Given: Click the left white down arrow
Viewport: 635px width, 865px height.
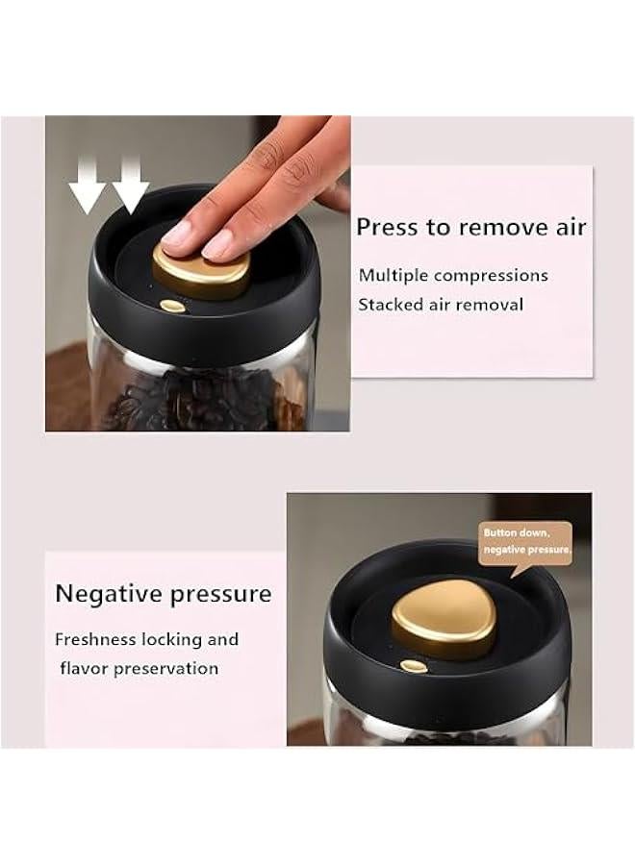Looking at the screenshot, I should [x=88, y=186].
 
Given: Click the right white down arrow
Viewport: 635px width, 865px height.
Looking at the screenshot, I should [x=130, y=186].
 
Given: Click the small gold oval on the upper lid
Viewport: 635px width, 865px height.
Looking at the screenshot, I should [x=172, y=306].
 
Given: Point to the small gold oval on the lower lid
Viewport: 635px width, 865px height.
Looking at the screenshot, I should [x=415, y=665].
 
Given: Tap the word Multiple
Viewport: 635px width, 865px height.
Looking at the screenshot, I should [x=394, y=276].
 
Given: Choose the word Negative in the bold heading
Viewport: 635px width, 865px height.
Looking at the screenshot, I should [x=107, y=593].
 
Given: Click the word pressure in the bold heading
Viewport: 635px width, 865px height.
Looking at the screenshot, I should [x=219, y=595].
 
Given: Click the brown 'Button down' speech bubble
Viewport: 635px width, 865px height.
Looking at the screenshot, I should [x=525, y=542].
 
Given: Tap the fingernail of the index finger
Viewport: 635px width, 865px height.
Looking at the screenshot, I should [x=178, y=232].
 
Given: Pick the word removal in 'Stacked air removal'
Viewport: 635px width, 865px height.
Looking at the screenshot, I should [x=492, y=305].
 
